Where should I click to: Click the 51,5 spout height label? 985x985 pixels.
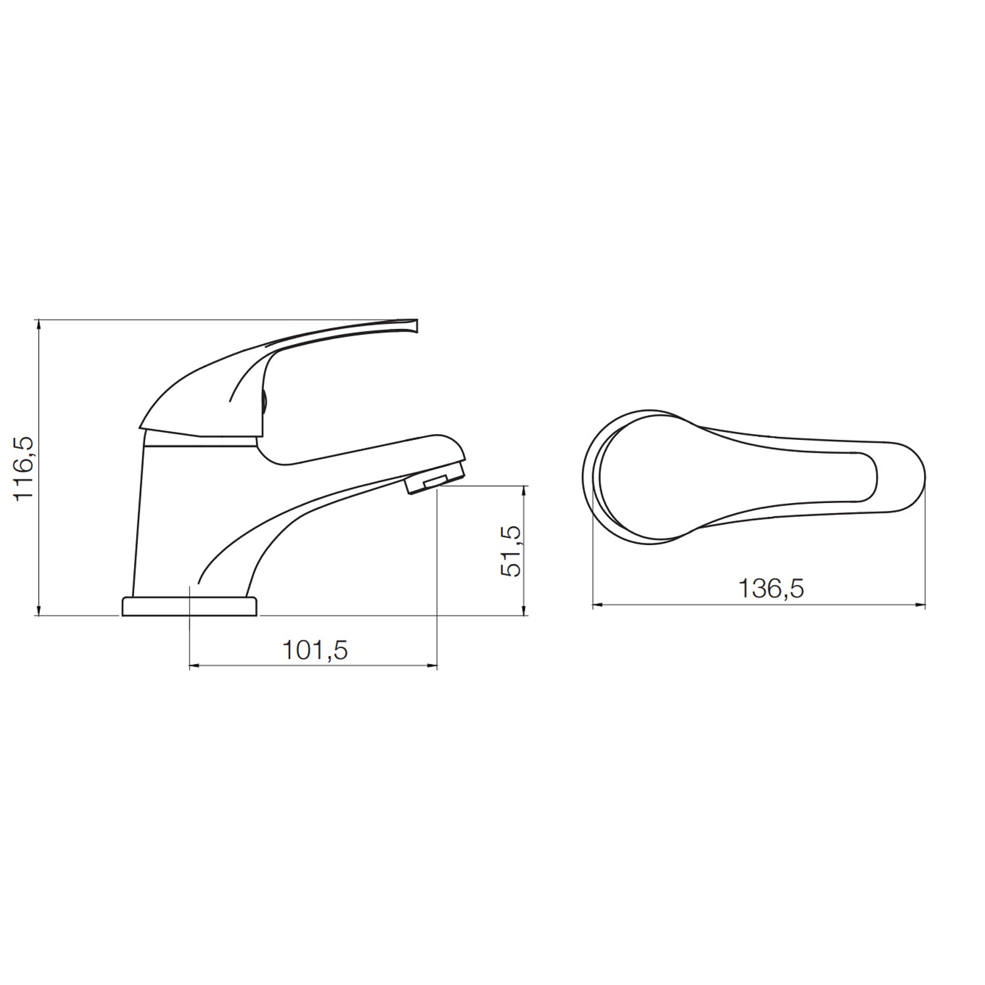click(512, 551)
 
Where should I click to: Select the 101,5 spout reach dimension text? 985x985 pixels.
click(315, 651)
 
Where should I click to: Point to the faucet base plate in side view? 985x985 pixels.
click(189, 606)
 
